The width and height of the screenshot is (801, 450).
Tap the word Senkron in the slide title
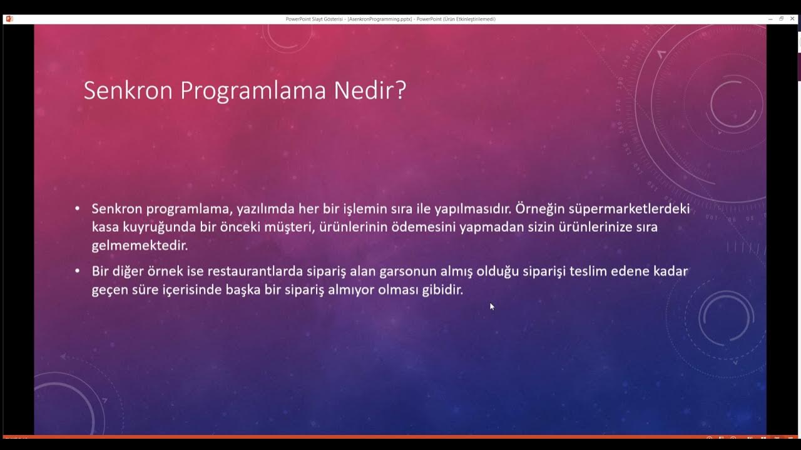pos(128,91)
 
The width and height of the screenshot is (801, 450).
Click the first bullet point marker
pos(78,209)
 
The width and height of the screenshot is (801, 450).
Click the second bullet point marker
pos(78,271)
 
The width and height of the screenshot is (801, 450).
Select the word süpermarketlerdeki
pos(630,209)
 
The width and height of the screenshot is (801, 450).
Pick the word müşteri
pos(288,227)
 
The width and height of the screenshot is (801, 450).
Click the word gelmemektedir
pos(140,245)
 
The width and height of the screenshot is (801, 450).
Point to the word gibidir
pos(442,290)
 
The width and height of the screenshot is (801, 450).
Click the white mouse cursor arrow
pos(492,306)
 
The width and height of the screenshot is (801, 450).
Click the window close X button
pos(792,19)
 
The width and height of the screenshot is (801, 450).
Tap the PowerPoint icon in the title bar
pos(9,19)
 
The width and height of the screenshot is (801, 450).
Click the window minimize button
pos(770,19)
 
